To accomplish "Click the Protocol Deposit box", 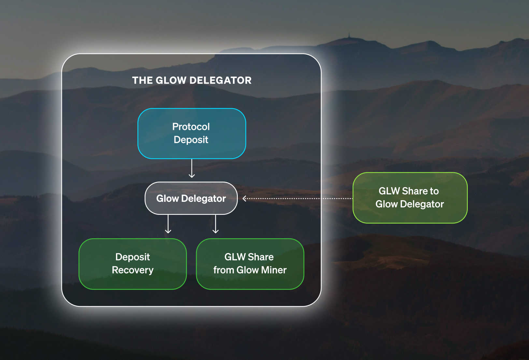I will click(x=192, y=133).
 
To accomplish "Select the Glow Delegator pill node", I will click(x=191, y=198).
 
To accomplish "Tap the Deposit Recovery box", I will click(x=133, y=264).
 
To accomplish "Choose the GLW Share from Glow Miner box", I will click(x=250, y=264).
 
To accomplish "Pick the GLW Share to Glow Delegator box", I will click(x=410, y=198).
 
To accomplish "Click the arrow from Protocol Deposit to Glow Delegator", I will click(x=192, y=168).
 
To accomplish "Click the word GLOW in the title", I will click(x=171, y=80).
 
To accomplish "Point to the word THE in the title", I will click(x=142, y=80).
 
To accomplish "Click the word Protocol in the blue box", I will click(x=191, y=127).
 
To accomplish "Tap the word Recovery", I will click(x=133, y=270).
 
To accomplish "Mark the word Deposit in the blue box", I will click(x=191, y=140).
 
